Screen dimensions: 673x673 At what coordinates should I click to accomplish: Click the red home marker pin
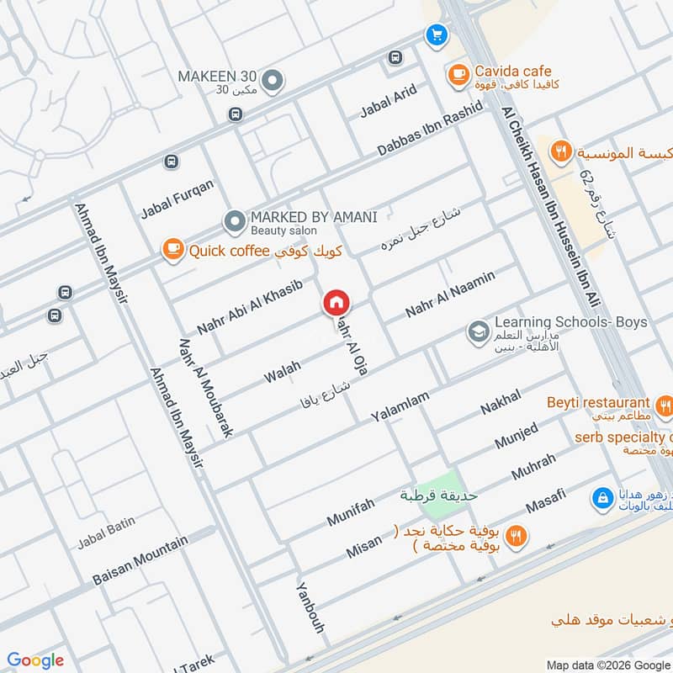(336, 303)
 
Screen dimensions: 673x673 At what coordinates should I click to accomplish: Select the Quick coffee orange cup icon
(173, 250)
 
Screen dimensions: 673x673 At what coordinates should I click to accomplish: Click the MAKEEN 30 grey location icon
(272, 81)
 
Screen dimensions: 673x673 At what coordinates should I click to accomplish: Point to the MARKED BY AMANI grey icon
(234, 222)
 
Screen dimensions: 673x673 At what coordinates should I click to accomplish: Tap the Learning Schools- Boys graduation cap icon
(478, 332)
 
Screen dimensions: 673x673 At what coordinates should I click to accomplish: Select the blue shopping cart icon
(436, 34)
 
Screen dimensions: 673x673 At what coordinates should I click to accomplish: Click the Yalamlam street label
(400, 406)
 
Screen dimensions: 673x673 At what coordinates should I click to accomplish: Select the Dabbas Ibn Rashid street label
(430, 128)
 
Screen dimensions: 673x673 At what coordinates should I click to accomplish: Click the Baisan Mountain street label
(140, 561)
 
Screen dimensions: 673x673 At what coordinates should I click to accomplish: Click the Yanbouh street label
(310, 607)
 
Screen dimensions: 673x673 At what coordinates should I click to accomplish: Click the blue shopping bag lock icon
(601, 499)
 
